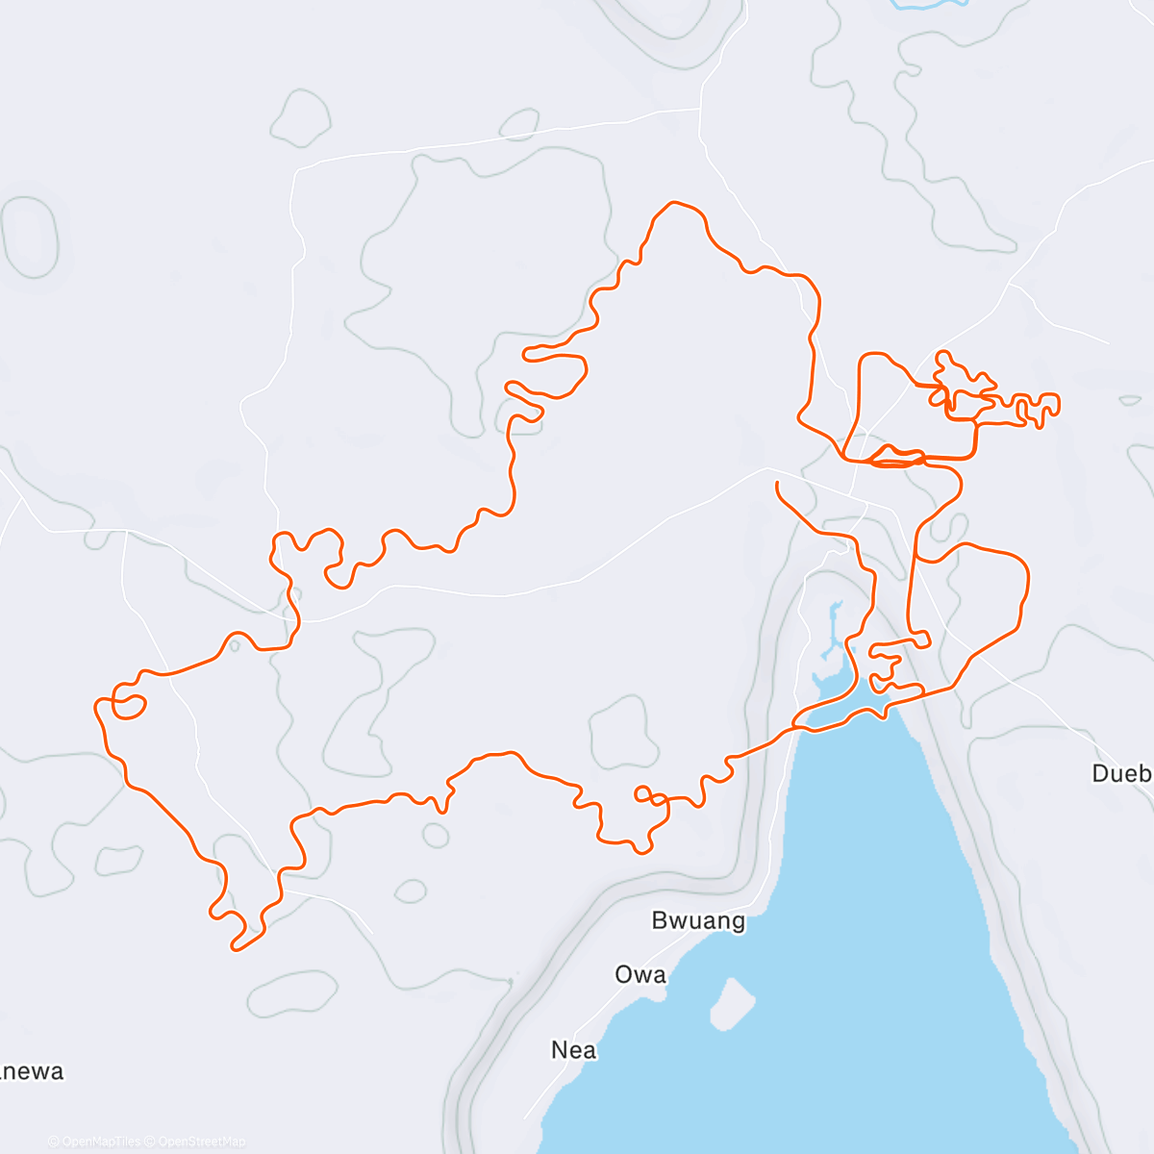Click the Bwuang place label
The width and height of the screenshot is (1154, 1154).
(698, 920)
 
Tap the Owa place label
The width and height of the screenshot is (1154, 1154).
(640, 974)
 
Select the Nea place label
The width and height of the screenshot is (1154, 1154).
(573, 1050)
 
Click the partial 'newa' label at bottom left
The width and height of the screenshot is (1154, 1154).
(32, 1071)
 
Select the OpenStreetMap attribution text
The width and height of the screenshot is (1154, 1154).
(201, 1141)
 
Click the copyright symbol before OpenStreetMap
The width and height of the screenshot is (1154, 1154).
(150, 1141)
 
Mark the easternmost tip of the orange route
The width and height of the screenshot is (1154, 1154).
(1059, 403)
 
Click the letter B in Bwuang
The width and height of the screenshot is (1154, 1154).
(660, 920)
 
